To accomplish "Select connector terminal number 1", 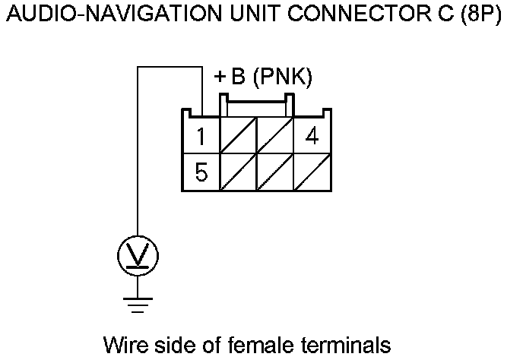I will [201, 137].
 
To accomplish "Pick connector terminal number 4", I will [312, 137].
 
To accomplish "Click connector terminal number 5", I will [201, 172].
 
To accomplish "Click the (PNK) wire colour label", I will [283, 78].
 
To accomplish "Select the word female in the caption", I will [266, 346].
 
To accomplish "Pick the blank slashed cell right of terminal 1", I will [238, 136].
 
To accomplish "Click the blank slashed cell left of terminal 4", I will [275, 136].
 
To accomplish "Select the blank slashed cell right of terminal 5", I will [238, 172].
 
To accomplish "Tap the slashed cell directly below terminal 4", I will [312, 172].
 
